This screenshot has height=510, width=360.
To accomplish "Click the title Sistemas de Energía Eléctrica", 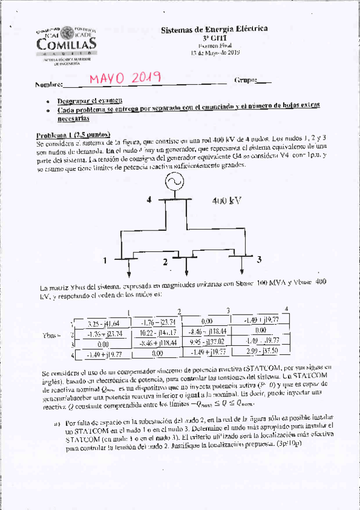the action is (215, 29).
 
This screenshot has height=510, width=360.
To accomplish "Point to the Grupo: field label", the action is (246, 80).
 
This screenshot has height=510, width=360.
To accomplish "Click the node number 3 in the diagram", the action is (258, 259).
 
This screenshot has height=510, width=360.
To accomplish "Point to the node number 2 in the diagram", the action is (164, 262).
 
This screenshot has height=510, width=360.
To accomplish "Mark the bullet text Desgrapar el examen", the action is (90, 100).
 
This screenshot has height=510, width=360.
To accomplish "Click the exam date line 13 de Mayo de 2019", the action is (214, 52).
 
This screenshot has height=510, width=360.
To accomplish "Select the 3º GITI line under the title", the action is (214, 37).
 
